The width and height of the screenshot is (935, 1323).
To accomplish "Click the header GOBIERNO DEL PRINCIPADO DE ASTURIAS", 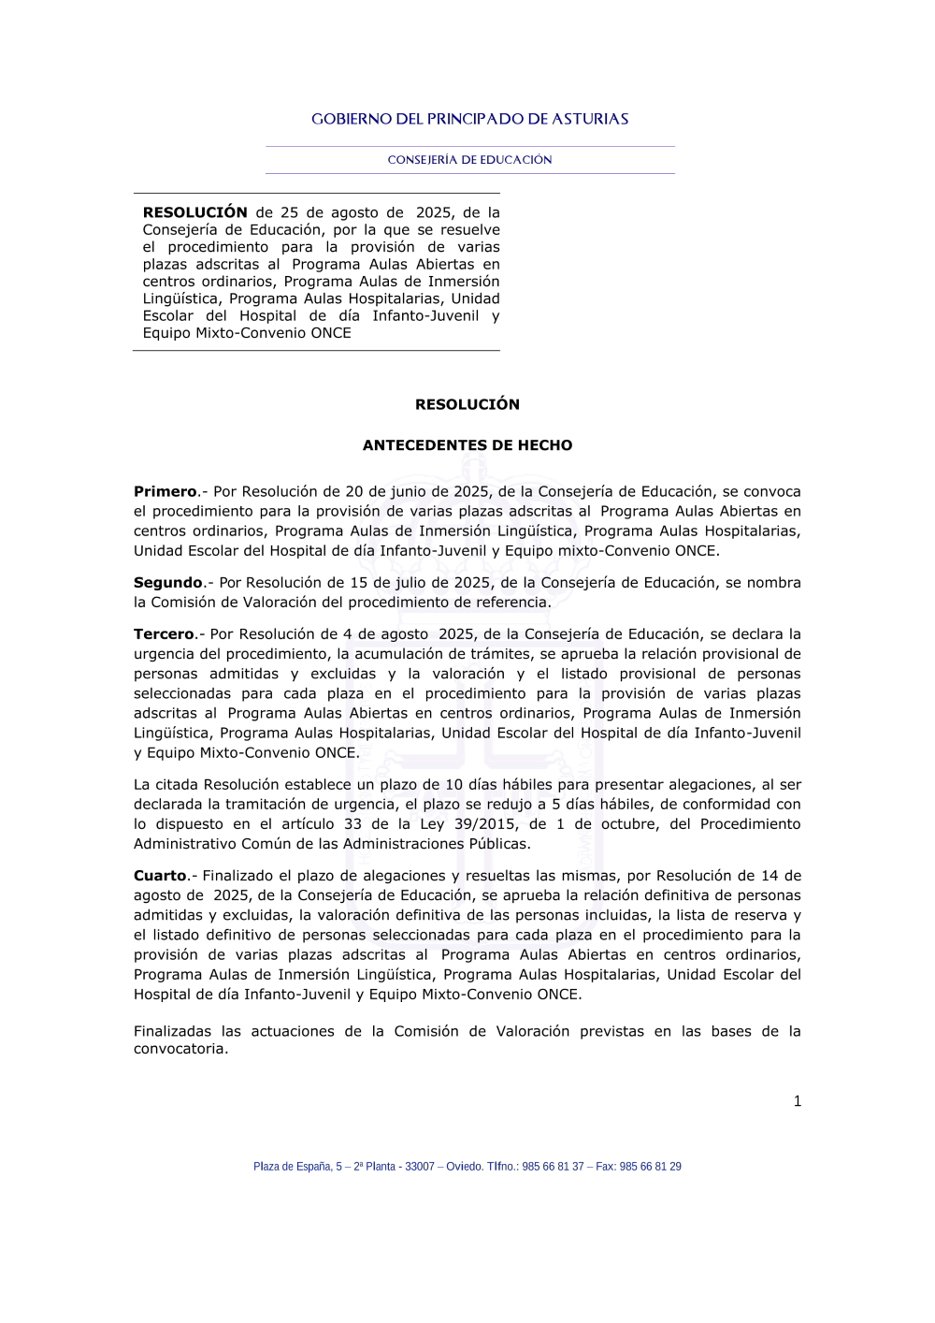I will pyautogui.click(x=469, y=119).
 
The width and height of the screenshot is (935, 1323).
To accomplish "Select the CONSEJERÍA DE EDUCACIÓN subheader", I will pyautogui.click(x=469, y=160).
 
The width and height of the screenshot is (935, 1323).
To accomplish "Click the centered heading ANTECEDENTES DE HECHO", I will pyautogui.click(x=467, y=445).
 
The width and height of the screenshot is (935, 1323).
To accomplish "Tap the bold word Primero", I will pyautogui.click(x=165, y=491).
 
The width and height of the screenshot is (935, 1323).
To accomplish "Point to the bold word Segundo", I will pyautogui.click(x=168, y=582).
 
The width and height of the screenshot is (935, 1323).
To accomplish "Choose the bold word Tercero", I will pyautogui.click(x=165, y=633).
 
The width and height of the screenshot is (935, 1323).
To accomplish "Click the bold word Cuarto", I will pyautogui.click(x=160, y=876).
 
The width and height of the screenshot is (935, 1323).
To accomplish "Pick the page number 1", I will pyautogui.click(x=798, y=1101).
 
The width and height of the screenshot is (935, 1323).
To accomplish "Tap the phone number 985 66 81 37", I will pyautogui.click(x=553, y=1167).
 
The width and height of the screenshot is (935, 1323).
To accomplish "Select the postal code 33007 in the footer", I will pyautogui.click(x=420, y=1167).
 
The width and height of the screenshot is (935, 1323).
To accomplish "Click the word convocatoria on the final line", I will pyautogui.click(x=180, y=1049).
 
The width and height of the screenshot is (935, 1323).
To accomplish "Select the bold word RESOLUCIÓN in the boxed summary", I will pyautogui.click(x=194, y=212).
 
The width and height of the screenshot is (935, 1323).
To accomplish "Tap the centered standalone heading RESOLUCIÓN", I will pyautogui.click(x=467, y=404).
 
